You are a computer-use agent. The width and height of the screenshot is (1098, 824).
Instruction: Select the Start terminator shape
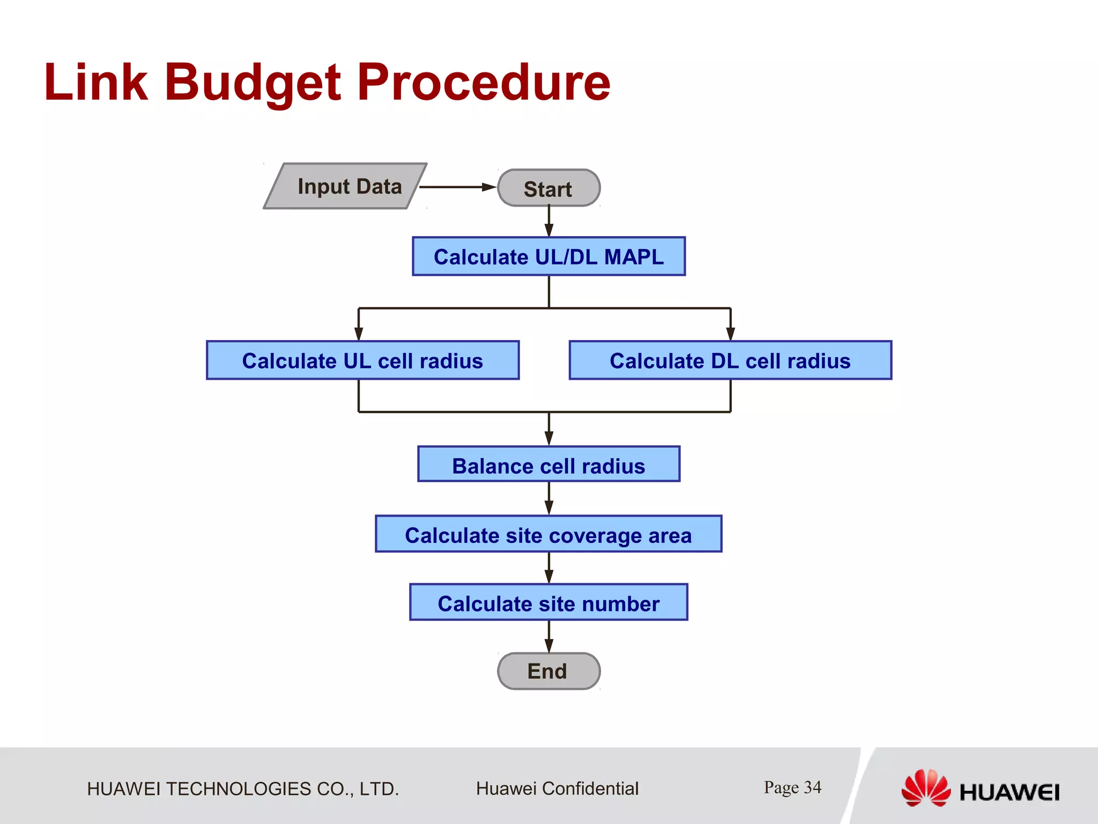548,188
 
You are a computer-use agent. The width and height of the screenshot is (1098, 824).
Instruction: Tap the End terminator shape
548,671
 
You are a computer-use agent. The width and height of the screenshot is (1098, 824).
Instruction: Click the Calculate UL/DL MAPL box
548,256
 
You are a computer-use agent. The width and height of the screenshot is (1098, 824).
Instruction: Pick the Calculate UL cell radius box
362,360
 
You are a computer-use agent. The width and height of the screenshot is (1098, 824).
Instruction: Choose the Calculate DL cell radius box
730,360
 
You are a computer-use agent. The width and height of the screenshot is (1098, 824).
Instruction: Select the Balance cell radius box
548,465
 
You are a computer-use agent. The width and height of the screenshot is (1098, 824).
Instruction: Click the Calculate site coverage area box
548,534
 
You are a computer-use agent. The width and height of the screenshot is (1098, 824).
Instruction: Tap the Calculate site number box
548,602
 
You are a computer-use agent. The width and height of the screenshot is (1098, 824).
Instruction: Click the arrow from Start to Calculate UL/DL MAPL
549,221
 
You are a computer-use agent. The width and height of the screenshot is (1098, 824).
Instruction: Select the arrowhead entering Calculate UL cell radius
359,333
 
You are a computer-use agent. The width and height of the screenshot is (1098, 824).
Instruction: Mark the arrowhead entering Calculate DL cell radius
730,333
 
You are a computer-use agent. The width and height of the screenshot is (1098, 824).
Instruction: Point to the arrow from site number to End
549,637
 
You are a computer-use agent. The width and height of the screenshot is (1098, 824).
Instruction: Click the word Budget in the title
252,83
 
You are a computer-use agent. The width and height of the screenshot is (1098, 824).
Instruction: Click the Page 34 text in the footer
792,788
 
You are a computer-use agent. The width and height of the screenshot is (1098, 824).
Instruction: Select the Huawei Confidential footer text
557,789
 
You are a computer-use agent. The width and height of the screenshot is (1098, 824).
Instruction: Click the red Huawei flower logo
925,788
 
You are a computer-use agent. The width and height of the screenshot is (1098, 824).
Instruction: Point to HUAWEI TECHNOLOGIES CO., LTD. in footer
243,789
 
